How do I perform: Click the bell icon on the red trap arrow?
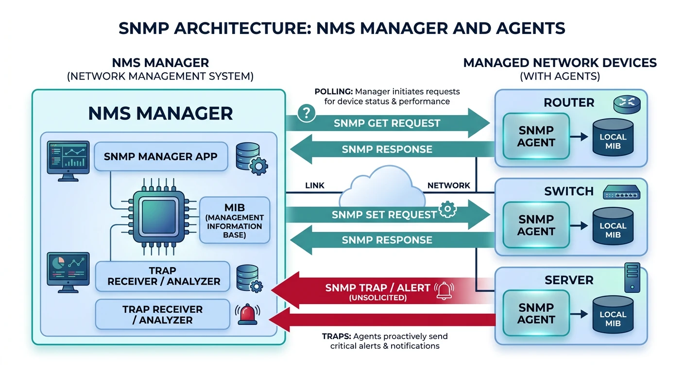[x=445, y=290]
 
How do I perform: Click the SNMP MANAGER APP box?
[x=160, y=157]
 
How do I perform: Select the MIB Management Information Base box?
[x=235, y=220]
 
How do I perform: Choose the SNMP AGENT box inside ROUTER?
[x=536, y=136]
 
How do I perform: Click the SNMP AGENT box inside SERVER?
[x=536, y=313]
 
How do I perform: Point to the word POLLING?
[x=333, y=91]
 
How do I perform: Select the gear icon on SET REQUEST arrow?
[x=447, y=210]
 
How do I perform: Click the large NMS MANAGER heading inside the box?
[x=160, y=113]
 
